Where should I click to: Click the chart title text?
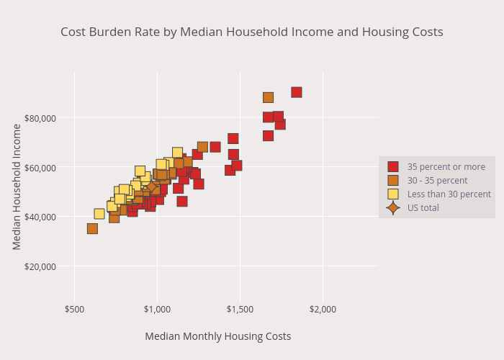click(x=251, y=32)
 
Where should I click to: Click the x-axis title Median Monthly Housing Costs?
click(x=217, y=336)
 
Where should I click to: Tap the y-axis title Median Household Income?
click(x=17, y=186)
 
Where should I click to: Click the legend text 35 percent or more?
click(x=446, y=167)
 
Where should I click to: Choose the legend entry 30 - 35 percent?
click(x=437, y=181)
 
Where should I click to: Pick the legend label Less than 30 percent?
click(x=449, y=194)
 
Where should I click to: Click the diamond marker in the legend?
click(x=393, y=208)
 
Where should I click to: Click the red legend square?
click(x=393, y=167)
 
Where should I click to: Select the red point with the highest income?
click(x=296, y=92)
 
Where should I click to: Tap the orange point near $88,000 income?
click(x=268, y=97)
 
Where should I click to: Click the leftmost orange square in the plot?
click(x=92, y=228)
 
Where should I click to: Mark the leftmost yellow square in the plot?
click(x=99, y=214)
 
